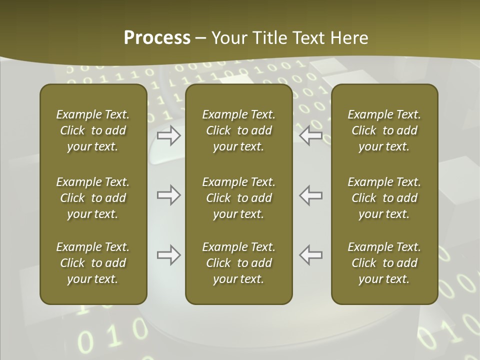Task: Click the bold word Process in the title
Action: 157,38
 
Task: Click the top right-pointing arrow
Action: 168,135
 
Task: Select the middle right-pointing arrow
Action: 168,195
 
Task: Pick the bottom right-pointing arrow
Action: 168,255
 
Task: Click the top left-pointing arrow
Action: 311,135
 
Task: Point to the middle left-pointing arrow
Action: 311,195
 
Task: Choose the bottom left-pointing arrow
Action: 311,255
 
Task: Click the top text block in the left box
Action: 93,130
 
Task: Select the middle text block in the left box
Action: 93,198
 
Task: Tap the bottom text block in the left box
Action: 93,263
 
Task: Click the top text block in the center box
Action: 238,130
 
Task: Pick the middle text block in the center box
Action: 238,198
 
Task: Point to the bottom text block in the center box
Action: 238,263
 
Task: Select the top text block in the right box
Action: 384,130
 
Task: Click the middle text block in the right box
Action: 384,198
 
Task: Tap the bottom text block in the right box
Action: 384,263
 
